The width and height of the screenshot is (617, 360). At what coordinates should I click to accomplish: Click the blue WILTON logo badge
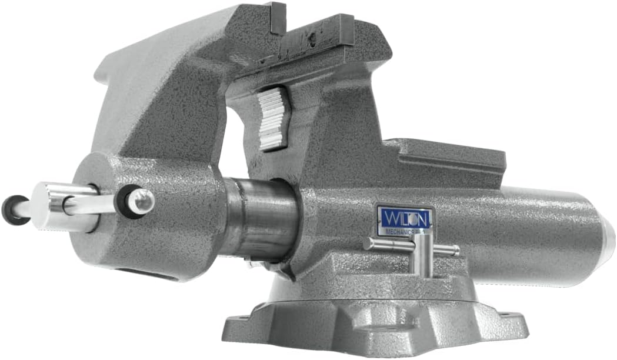pyautogui.click(x=406, y=218)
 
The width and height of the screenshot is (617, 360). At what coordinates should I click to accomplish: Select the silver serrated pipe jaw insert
pyautogui.click(x=274, y=117)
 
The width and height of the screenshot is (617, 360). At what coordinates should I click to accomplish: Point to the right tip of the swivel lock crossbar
pyautogui.click(x=456, y=251)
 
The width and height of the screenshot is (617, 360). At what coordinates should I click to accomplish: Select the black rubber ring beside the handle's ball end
pyautogui.click(x=131, y=202)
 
